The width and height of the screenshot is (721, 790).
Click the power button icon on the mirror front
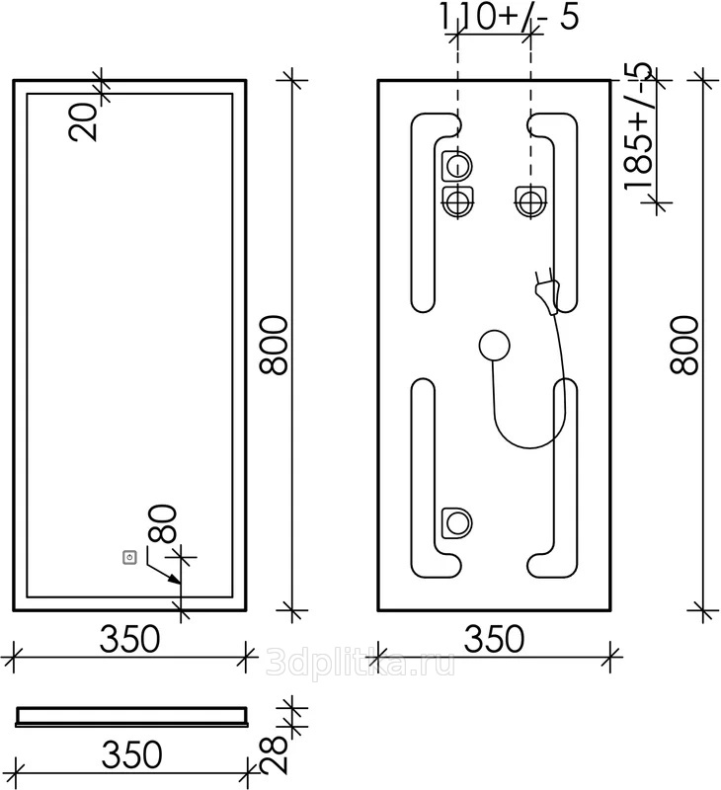[x=130, y=557]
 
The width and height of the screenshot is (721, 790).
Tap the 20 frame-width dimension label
[x=83, y=122]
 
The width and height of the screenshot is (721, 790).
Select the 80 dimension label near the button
[x=163, y=523]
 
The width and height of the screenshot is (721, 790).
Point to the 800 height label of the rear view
[x=684, y=345]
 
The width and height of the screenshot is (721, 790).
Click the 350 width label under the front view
[x=129, y=639]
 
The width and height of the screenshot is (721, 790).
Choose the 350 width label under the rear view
[x=494, y=639]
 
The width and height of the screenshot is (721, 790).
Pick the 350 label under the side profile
[x=132, y=754]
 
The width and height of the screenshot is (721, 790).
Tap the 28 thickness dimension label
[x=274, y=754]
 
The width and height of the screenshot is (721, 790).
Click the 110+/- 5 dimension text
[x=510, y=17]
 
